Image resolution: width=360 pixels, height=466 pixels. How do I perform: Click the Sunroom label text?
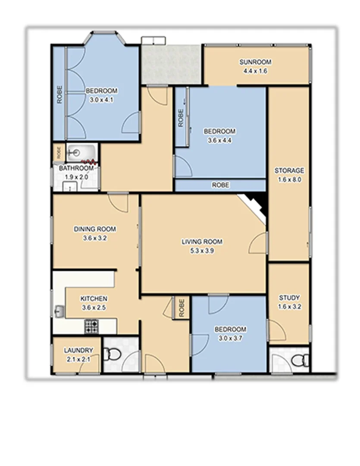pyautogui.click(x=256, y=62)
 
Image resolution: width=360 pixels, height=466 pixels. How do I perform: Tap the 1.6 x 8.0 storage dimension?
pyautogui.click(x=289, y=179)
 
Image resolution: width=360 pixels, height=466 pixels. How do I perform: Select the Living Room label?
pyautogui.click(x=202, y=242)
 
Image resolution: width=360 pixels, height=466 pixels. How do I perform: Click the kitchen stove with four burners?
pyautogui.click(x=91, y=326)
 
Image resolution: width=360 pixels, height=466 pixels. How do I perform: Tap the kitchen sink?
pyautogui.click(x=59, y=310)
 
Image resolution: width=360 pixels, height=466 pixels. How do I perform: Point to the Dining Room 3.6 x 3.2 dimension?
pyautogui.click(x=94, y=237)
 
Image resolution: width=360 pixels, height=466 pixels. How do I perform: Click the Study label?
pyautogui.click(x=289, y=298)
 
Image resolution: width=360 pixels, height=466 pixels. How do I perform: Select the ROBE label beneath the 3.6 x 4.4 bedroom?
pyautogui.click(x=220, y=185)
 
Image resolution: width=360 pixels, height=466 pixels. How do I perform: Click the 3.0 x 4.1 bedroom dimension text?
pyautogui.click(x=102, y=99)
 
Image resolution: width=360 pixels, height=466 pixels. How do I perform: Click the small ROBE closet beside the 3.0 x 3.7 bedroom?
pyautogui.click(x=181, y=308)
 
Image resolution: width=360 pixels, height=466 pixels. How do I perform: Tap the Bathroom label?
pyautogui.click(x=76, y=168)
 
